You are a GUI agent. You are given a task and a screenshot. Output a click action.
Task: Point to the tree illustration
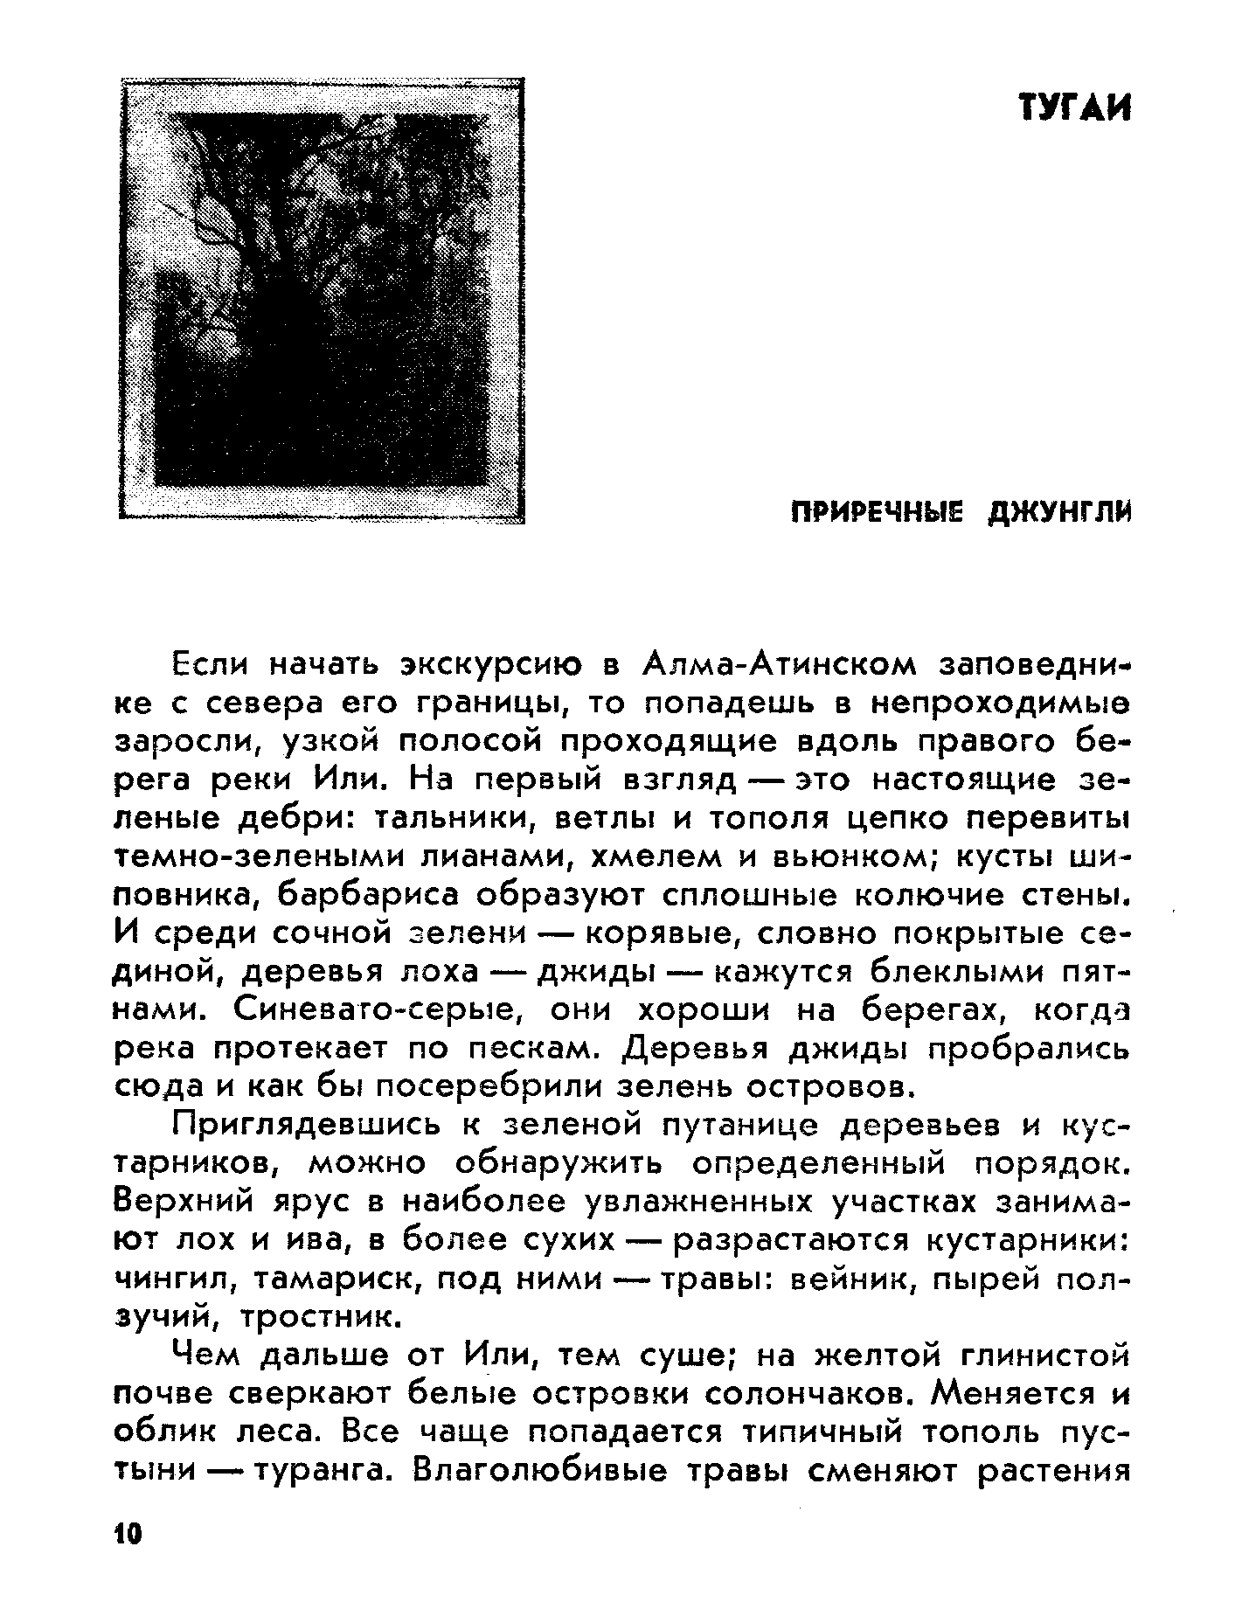click(x=322, y=301)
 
